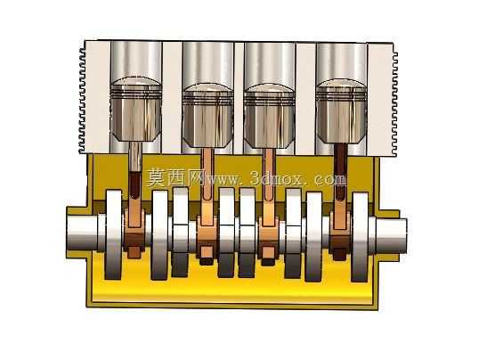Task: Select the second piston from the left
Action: pos(208,115)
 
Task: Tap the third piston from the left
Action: pos(269,116)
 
